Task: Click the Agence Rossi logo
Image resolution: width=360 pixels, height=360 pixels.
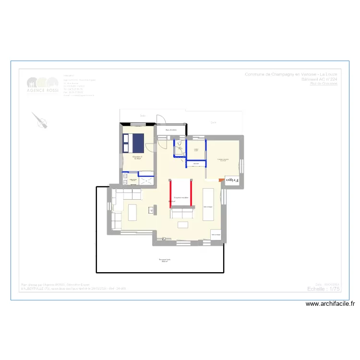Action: click(x=43, y=85)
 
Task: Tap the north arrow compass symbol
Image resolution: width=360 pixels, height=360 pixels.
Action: click(x=40, y=120)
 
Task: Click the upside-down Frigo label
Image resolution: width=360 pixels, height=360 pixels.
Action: click(x=232, y=181)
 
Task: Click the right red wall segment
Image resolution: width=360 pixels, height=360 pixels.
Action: click(x=192, y=193)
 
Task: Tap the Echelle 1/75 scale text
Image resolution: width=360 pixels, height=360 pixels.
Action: click(x=324, y=289)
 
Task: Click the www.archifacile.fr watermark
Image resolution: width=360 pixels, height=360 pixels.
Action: click(x=331, y=303)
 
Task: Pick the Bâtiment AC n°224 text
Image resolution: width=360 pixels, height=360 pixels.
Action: click(x=319, y=79)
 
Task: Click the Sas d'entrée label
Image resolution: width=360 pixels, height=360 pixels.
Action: click(x=171, y=130)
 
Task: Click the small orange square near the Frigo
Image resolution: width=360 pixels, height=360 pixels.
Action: click(x=221, y=180)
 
